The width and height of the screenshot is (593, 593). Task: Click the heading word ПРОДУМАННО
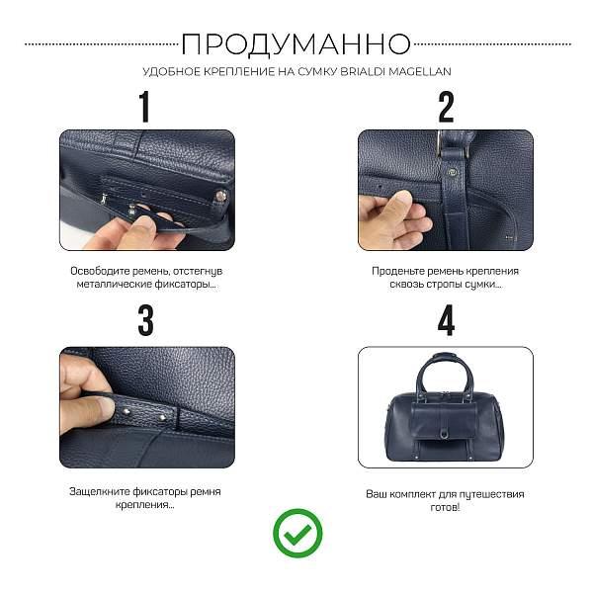(296, 43)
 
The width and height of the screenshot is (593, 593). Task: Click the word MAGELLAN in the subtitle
(426, 72)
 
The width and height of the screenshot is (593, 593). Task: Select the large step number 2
(446, 106)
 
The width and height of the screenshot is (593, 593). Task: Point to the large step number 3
(145, 320)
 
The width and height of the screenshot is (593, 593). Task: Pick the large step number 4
(446, 320)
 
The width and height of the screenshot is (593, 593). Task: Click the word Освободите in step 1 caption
(98, 271)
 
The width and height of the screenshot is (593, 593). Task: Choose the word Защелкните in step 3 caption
(101, 491)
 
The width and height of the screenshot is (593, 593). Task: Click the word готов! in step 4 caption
(446, 506)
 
